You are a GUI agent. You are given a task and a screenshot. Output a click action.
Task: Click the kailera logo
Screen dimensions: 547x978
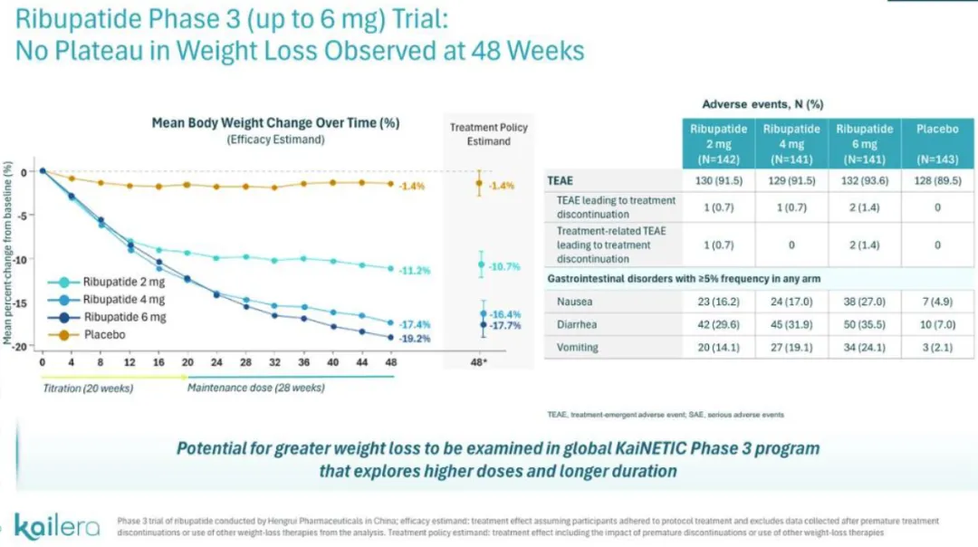pos(57,525)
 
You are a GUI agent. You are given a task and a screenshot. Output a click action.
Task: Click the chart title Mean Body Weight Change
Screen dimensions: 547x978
pos(275,123)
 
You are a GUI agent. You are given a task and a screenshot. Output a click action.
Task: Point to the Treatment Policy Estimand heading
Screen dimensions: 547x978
pos(489,134)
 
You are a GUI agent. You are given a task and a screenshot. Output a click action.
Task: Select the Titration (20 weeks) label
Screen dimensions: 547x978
pos(89,389)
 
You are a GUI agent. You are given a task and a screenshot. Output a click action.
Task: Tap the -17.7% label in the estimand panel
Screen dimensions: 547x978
pos(505,325)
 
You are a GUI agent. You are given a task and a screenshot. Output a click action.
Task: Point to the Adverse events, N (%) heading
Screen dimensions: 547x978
pos(762,104)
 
